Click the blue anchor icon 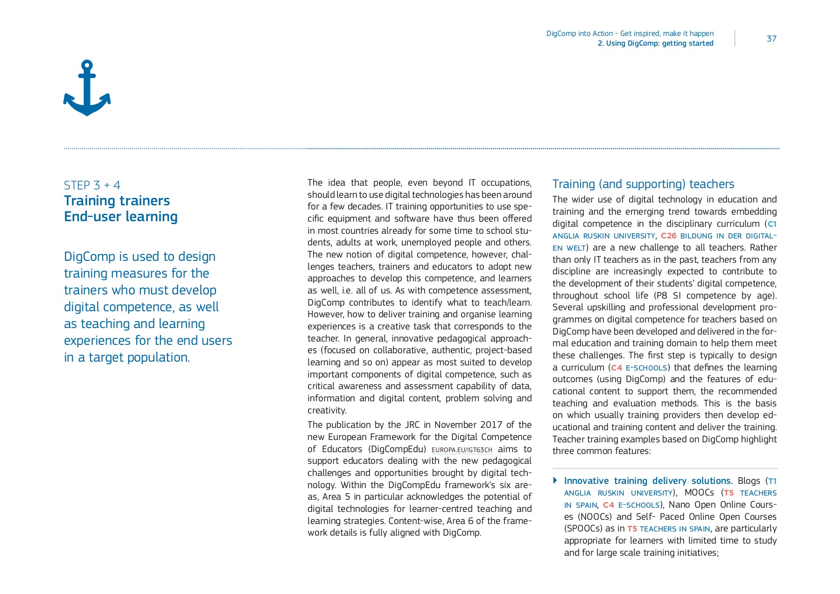(x=87, y=88)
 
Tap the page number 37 (x=771, y=39)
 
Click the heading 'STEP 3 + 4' (x=92, y=185)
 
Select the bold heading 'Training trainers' (x=117, y=201)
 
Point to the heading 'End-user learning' (x=120, y=217)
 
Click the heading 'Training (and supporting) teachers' (x=643, y=184)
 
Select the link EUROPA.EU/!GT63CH (x=462, y=450)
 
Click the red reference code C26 (x=668, y=236)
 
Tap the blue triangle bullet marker (x=555, y=480)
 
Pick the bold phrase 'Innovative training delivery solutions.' (x=648, y=481)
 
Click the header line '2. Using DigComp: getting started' (x=655, y=43)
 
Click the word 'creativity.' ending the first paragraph (x=327, y=410)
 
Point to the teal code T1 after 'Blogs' (x=772, y=481)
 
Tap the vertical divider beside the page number (x=735, y=38)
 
